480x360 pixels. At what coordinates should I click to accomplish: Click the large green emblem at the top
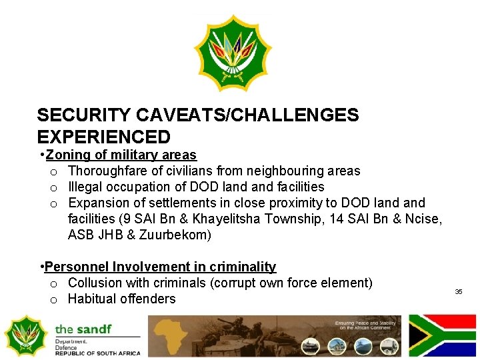233,53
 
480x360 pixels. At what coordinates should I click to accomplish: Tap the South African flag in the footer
442,335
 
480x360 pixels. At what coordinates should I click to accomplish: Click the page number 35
459,292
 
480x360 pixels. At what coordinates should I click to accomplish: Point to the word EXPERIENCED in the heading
104,137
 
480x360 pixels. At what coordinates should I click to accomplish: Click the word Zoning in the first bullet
69,155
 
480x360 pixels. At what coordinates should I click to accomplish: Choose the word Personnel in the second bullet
76,267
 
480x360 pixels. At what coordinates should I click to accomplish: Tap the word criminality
243,267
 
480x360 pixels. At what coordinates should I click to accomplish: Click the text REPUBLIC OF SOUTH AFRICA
98,353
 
